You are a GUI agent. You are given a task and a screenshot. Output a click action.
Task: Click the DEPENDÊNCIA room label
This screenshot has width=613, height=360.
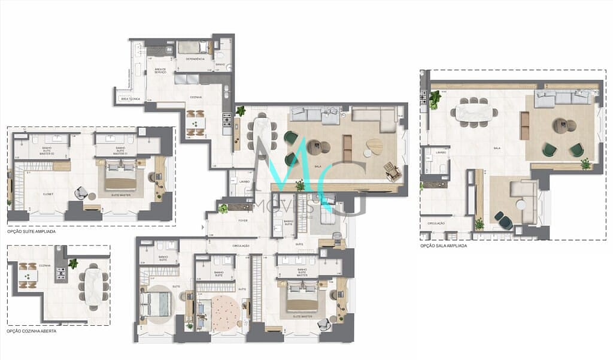[x=195, y=59]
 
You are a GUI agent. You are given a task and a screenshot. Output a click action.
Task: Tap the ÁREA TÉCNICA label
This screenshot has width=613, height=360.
[x=127, y=98]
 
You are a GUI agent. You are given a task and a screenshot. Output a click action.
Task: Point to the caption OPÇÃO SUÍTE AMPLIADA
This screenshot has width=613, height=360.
[x=32, y=231]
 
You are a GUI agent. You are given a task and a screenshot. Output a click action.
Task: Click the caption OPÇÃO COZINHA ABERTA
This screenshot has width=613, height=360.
[x=32, y=331]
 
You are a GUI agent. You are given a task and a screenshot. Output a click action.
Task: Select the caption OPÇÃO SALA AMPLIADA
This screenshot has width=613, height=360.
[x=443, y=246]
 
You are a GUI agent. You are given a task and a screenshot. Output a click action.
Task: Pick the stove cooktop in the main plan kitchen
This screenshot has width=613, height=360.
[x=227, y=122]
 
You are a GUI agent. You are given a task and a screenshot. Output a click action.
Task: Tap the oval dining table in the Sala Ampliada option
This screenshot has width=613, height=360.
[x=474, y=112]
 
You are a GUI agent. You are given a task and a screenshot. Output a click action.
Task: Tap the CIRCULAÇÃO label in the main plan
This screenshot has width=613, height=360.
[x=236, y=246]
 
